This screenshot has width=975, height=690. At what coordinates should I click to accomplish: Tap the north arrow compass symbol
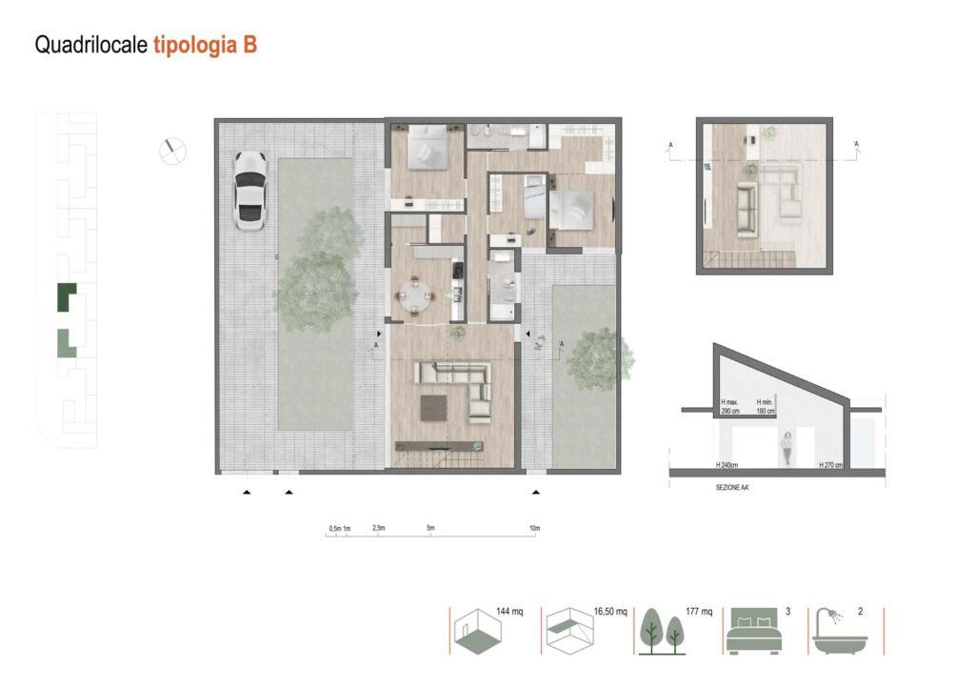click(173, 151)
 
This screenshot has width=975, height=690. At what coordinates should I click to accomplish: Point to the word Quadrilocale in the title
click(90, 45)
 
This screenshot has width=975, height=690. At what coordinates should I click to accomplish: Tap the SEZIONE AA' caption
click(736, 486)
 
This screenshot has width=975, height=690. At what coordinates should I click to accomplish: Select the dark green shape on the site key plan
click(66, 298)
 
